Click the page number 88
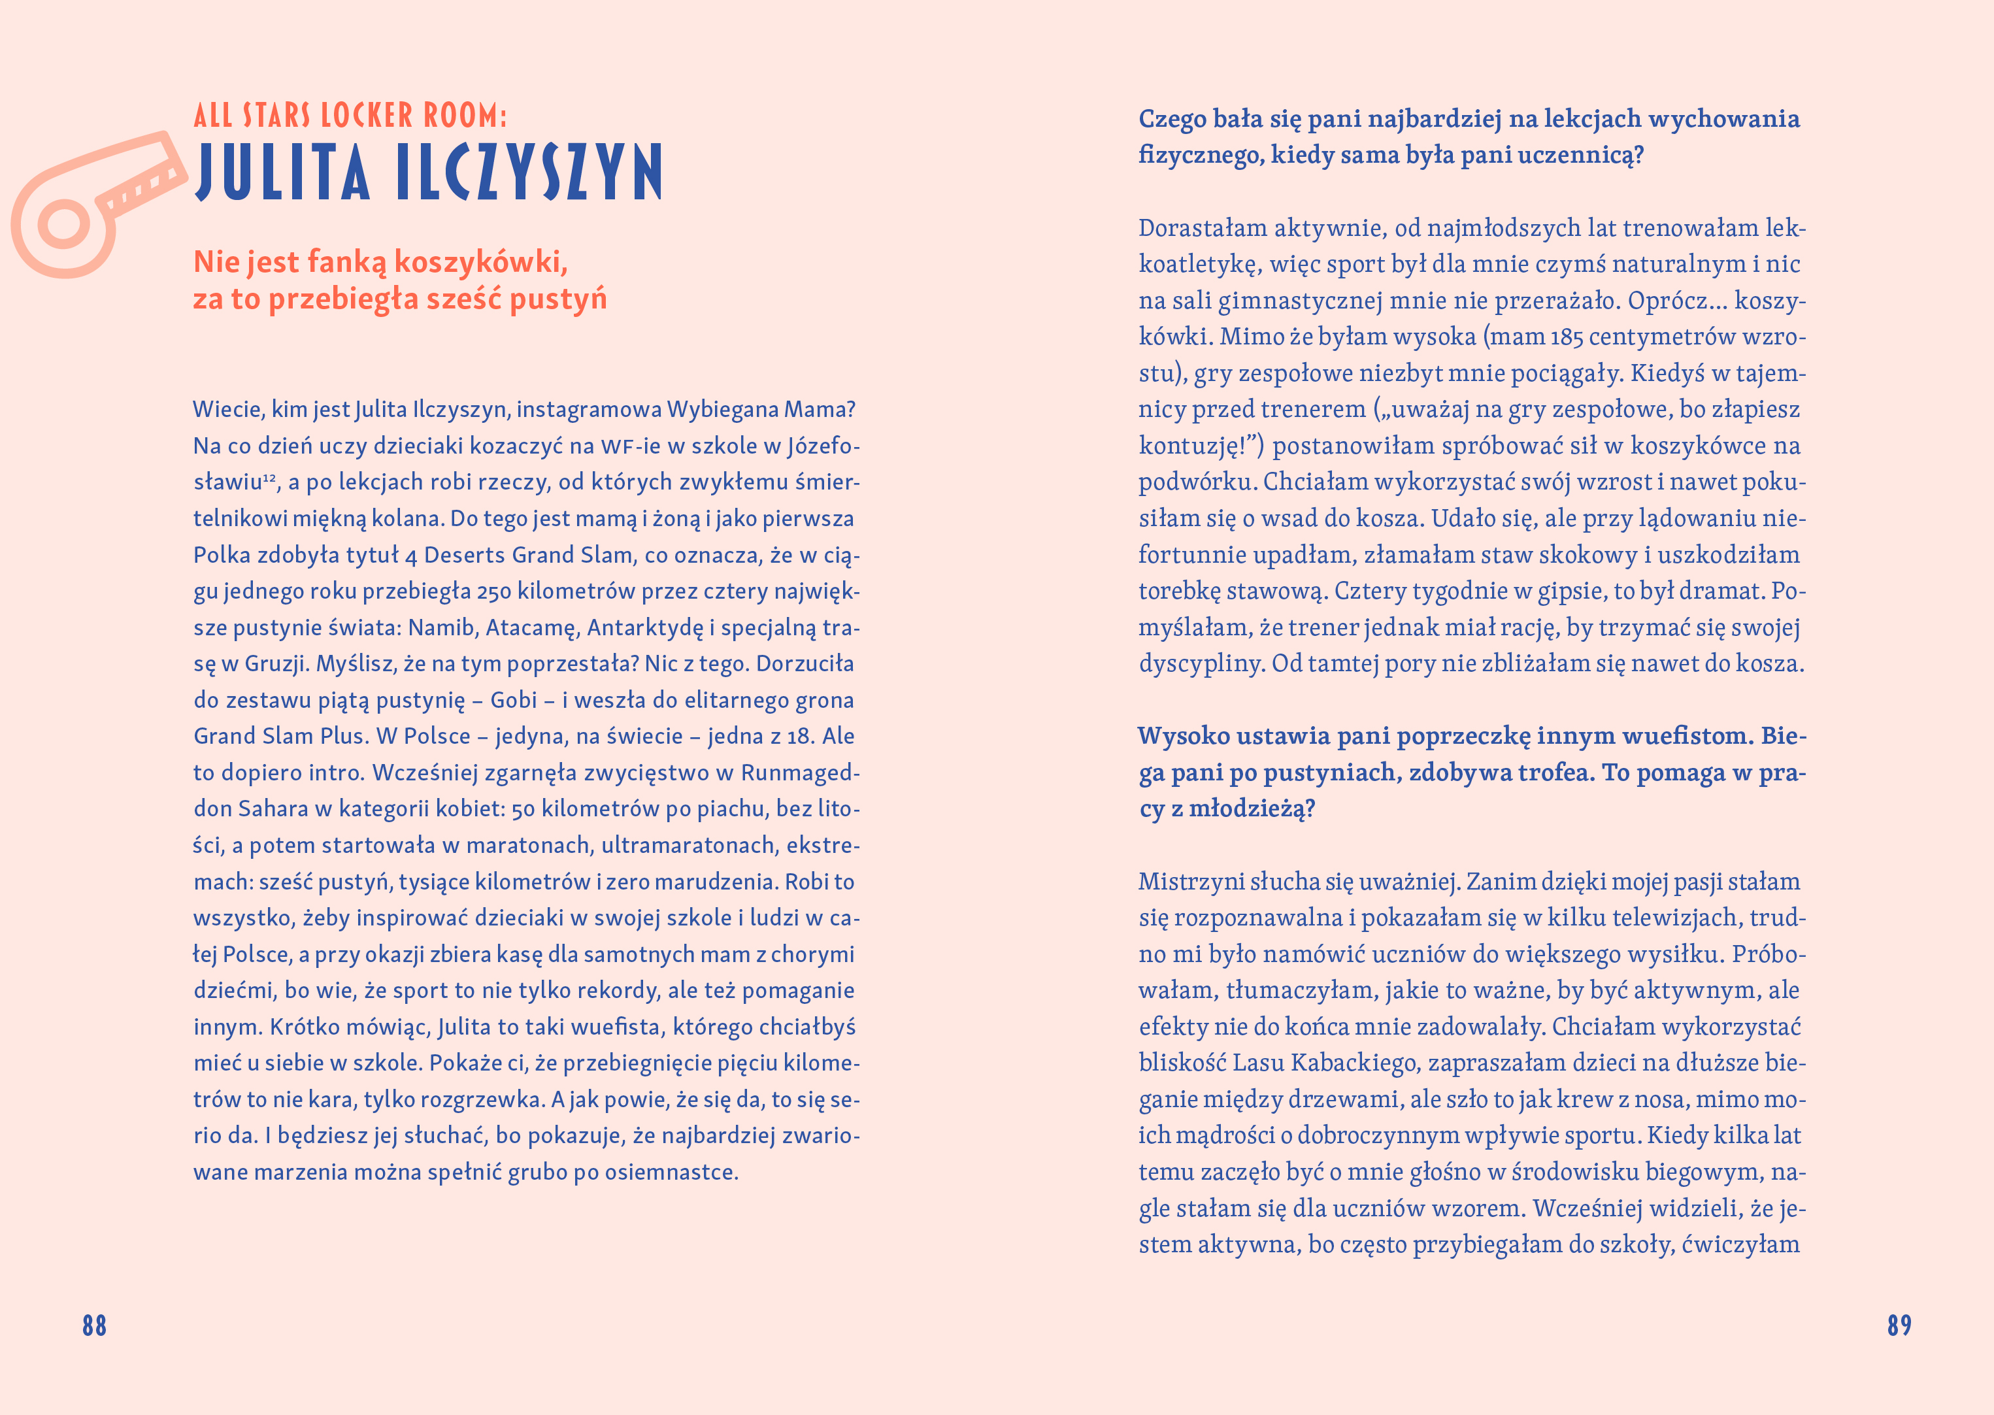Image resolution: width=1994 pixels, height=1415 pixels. tap(94, 1325)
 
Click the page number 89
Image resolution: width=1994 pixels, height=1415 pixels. tap(1899, 1325)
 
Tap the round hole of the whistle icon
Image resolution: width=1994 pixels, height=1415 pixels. tap(63, 225)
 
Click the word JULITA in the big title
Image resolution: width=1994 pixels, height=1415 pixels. tap(282, 172)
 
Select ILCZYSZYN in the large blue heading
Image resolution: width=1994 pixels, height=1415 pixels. tap(529, 172)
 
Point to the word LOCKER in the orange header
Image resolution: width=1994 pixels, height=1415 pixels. tap(367, 115)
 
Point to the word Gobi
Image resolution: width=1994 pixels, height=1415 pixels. tap(514, 700)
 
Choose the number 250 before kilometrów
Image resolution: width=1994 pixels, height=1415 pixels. tap(494, 591)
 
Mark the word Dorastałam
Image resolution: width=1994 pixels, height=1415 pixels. tap(1203, 228)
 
